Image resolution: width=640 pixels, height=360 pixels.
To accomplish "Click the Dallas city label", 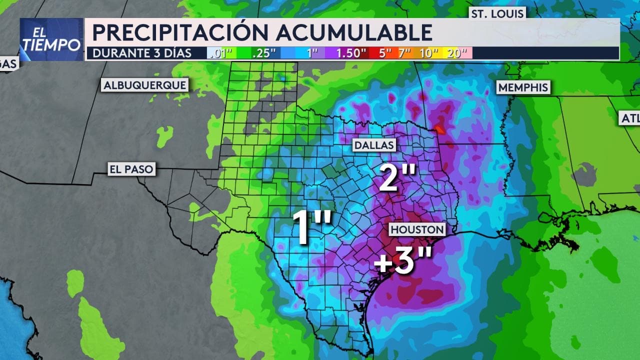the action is tap(374, 145).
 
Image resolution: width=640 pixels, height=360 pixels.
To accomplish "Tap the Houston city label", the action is tap(417, 229).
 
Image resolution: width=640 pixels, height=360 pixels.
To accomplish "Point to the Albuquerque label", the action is tap(145, 85).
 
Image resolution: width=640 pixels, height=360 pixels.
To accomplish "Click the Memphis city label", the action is tap(523, 87).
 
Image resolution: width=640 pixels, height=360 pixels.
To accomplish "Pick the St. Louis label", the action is tap(497, 13).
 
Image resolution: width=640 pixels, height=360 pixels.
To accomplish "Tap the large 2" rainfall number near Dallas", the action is tap(397, 177).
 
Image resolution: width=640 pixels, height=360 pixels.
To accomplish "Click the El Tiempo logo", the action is tap(51, 39).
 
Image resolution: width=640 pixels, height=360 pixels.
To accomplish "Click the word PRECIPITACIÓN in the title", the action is tap(180, 32).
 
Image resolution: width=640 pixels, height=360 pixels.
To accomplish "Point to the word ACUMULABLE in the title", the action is tap(353, 32).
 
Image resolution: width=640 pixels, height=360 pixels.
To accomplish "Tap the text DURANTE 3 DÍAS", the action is tap(142, 53).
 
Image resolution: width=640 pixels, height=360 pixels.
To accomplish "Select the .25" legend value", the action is tap(264, 53).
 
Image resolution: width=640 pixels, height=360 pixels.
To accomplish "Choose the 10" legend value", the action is tap(429, 53).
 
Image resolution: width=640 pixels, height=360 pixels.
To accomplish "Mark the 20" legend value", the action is tap(457, 53).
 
